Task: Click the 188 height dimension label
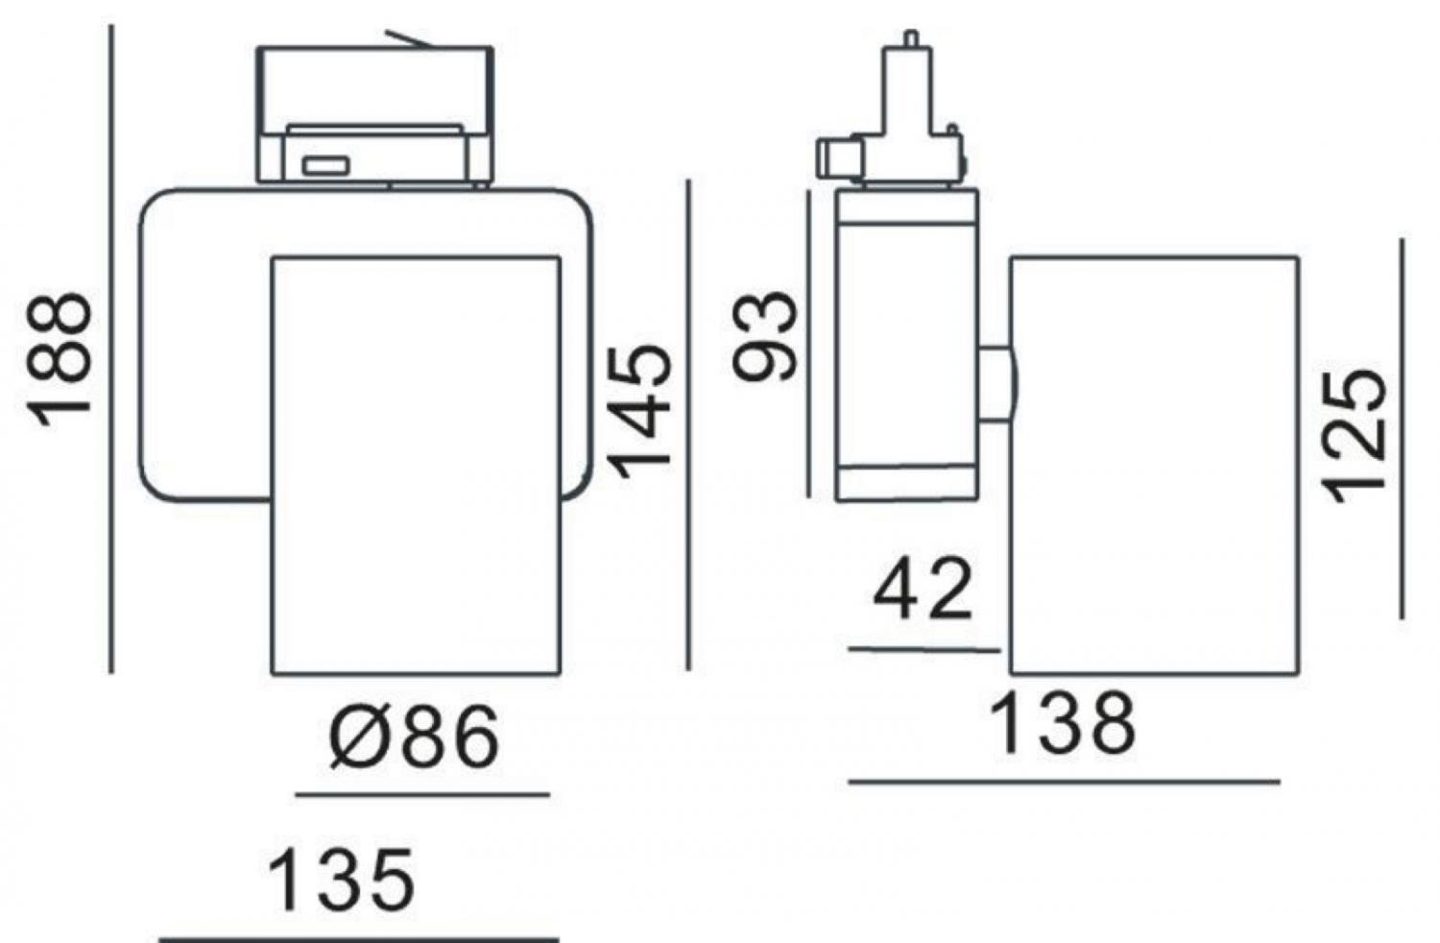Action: [x=59, y=360]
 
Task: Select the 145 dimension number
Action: [x=639, y=412]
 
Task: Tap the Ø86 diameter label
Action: [x=414, y=736]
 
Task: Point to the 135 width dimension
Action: [x=342, y=880]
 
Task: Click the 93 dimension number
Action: [x=766, y=336]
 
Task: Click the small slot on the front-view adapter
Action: [x=326, y=165]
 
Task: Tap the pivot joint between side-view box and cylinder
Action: [x=997, y=384]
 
